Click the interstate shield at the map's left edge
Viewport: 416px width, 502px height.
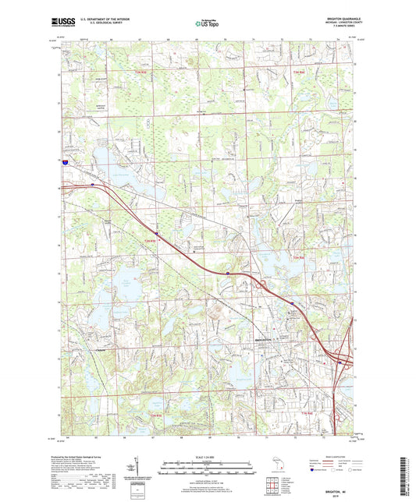pos(66,161)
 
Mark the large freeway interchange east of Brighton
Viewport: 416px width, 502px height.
pos(341,358)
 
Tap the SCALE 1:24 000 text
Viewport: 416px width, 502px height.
pos(208,457)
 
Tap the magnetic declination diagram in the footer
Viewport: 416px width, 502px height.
pos(137,472)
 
